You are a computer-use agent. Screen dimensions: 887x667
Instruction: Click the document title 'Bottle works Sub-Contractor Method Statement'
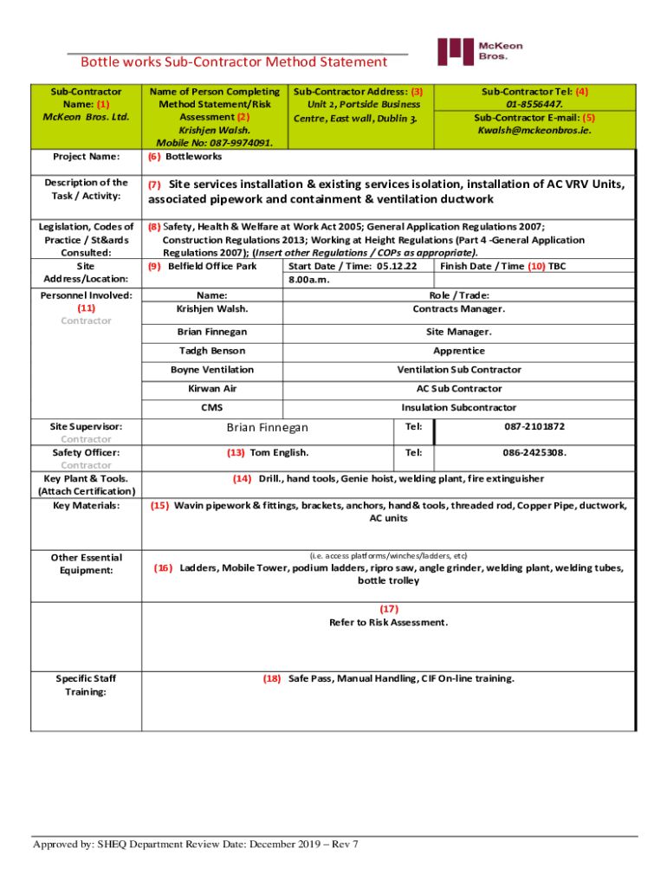coord(234,62)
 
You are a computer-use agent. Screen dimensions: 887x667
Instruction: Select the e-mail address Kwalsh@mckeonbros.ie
coord(534,130)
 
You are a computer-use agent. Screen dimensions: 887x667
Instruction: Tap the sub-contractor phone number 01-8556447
coord(534,104)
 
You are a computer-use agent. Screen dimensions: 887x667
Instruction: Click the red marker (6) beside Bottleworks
coord(153,157)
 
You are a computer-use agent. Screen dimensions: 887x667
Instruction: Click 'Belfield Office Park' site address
coord(212,266)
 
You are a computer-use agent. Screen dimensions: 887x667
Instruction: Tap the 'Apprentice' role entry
coord(459,351)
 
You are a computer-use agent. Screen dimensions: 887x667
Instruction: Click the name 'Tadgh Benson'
coord(212,351)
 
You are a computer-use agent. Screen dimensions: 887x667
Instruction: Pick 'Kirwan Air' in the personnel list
coord(212,389)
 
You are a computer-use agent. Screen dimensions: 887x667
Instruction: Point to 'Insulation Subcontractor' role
coord(459,407)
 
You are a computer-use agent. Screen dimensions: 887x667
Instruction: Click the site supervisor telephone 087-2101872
coord(534,427)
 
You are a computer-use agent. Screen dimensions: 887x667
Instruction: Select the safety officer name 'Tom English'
coord(278,452)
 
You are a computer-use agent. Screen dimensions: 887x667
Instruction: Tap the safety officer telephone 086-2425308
coord(535,452)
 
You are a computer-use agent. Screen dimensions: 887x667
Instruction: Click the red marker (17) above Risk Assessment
coord(389,608)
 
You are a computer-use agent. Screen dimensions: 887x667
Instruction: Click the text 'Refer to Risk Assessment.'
coord(389,622)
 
